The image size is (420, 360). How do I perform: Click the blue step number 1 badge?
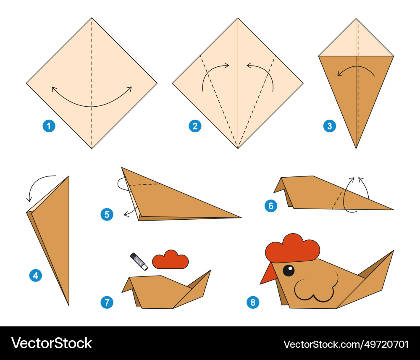pyautogui.click(x=49, y=126)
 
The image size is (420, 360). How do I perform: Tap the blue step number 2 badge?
pyautogui.click(x=195, y=126)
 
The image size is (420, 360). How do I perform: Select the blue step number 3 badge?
pyautogui.click(x=329, y=126)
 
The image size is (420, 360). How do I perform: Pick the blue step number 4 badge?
pyautogui.click(x=36, y=276)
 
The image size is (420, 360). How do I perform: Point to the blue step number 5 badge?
pyautogui.click(x=107, y=214)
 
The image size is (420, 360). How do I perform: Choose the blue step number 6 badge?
pyautogui.click(x=271, y=206)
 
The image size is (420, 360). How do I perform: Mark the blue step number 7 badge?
pyautogui.click(x=107, y=302)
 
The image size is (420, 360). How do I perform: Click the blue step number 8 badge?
pyautogui.click(x=253, y=302)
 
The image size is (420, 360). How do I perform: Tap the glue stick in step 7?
pyautogui.click(x=139, y=262)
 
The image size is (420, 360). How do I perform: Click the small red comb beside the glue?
pyautogui.click(x=171, y=260)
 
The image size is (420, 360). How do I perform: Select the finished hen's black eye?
pyautogui.click(x=289, y=270)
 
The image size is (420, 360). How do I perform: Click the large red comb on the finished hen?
pyautogui.click(x=292, y=248)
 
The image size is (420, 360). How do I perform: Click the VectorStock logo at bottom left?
pyautogui.click(x=51, y=343)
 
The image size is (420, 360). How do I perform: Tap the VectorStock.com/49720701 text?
pyautogui.click(x=346, y=344)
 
